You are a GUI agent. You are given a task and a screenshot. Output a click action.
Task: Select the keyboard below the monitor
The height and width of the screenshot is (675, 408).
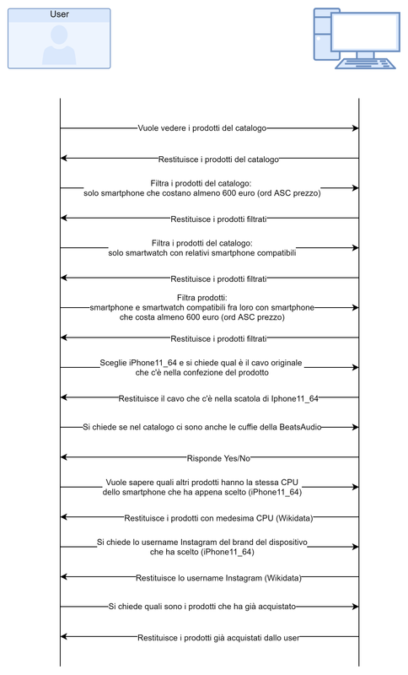tap(364, 64)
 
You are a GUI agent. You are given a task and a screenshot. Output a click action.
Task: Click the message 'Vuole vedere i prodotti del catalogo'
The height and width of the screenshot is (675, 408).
tap(202, 128)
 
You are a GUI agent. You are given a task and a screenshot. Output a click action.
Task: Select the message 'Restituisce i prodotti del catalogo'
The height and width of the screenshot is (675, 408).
tap(218, 159)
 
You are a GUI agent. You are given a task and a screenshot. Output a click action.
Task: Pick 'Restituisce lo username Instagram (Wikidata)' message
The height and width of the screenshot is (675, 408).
tap(218, 578)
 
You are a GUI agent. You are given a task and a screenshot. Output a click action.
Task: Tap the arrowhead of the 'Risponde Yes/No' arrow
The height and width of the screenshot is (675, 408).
tap(64, 458)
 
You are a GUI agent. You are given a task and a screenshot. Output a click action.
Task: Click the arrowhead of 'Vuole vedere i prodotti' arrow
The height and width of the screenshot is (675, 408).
tap(356, 128)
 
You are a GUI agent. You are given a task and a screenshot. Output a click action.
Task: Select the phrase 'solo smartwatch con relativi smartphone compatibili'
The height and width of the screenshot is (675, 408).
tap(202, 252)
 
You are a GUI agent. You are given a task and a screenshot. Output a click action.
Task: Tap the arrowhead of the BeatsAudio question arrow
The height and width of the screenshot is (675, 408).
tap(356, 428)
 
